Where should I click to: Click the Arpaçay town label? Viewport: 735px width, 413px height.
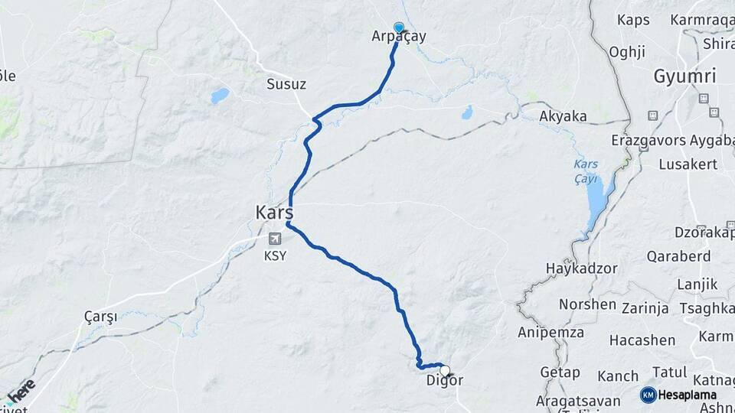tap(399, 36)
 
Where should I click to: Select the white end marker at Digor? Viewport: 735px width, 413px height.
tap(444, 371)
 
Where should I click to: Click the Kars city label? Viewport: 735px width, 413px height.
tap(275, 211)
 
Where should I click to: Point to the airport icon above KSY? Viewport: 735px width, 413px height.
tap(275, 239)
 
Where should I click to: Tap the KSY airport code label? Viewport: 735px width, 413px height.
tap(275, 255)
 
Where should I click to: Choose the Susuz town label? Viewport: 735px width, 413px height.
tap(286, 84)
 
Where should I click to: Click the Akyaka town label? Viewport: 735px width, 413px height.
tap(563, 116)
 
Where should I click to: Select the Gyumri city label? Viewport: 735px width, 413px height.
tap(684, 76)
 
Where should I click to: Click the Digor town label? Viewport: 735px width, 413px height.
tap(444, 380)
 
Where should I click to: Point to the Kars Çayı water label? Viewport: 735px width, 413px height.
tap(586, 171)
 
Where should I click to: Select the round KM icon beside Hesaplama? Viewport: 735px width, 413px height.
tap(648, 395)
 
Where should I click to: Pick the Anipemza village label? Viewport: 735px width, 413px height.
tap(550, 333)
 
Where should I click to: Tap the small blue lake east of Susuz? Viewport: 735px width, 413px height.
tap(220, 96)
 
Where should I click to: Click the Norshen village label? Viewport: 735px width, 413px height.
tap(587, 304)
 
